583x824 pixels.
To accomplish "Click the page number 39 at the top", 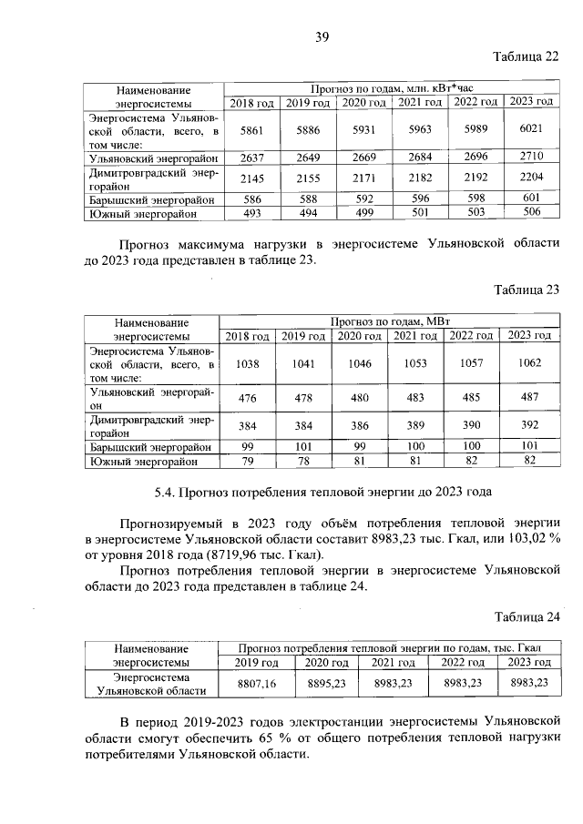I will [322, 37].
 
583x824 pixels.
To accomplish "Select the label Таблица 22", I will [526, 56].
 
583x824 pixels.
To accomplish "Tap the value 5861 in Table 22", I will [245, 131].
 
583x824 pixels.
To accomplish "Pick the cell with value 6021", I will [531, 130].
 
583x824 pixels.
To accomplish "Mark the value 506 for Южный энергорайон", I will [531, 212].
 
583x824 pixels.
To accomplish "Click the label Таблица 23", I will [526, 290].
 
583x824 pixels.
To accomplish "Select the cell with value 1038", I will [245, 363].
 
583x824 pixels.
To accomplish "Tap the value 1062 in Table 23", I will [531, 363].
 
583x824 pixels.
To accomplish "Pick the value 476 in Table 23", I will [245, 398].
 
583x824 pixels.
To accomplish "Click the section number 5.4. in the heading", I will [164, 494].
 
